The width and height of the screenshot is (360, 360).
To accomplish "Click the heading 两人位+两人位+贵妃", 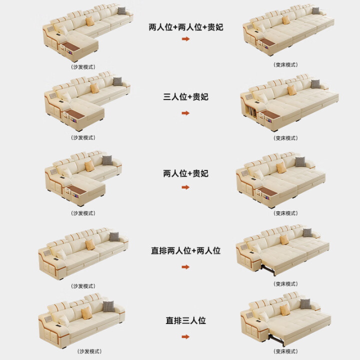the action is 185,27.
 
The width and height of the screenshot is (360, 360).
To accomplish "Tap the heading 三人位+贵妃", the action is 185,97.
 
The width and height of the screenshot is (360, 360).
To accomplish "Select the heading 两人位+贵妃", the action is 185,173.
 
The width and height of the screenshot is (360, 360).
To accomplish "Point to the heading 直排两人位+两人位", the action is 185,250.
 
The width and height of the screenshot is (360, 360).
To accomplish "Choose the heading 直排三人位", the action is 185,320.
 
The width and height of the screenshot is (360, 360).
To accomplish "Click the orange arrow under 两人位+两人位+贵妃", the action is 185,39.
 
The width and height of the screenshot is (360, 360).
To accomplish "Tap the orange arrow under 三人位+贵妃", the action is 185,113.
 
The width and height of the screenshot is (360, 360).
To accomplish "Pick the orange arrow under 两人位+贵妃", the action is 185,187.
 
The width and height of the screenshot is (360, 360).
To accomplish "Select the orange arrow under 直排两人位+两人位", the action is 185,267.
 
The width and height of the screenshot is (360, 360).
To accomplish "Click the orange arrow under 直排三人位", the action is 185,337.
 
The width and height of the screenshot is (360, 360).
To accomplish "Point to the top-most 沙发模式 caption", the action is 83,67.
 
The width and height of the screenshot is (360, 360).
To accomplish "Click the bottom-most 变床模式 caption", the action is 285,351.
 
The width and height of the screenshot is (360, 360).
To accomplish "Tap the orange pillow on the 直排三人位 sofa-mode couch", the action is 87,312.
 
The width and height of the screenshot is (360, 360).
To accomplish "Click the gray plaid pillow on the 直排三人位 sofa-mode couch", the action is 108,306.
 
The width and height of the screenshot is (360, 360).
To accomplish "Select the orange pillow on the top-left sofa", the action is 90,21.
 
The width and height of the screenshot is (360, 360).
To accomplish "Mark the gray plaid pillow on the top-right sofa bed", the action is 316,10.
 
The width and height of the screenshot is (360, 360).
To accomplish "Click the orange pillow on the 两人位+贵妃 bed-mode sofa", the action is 280,167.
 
